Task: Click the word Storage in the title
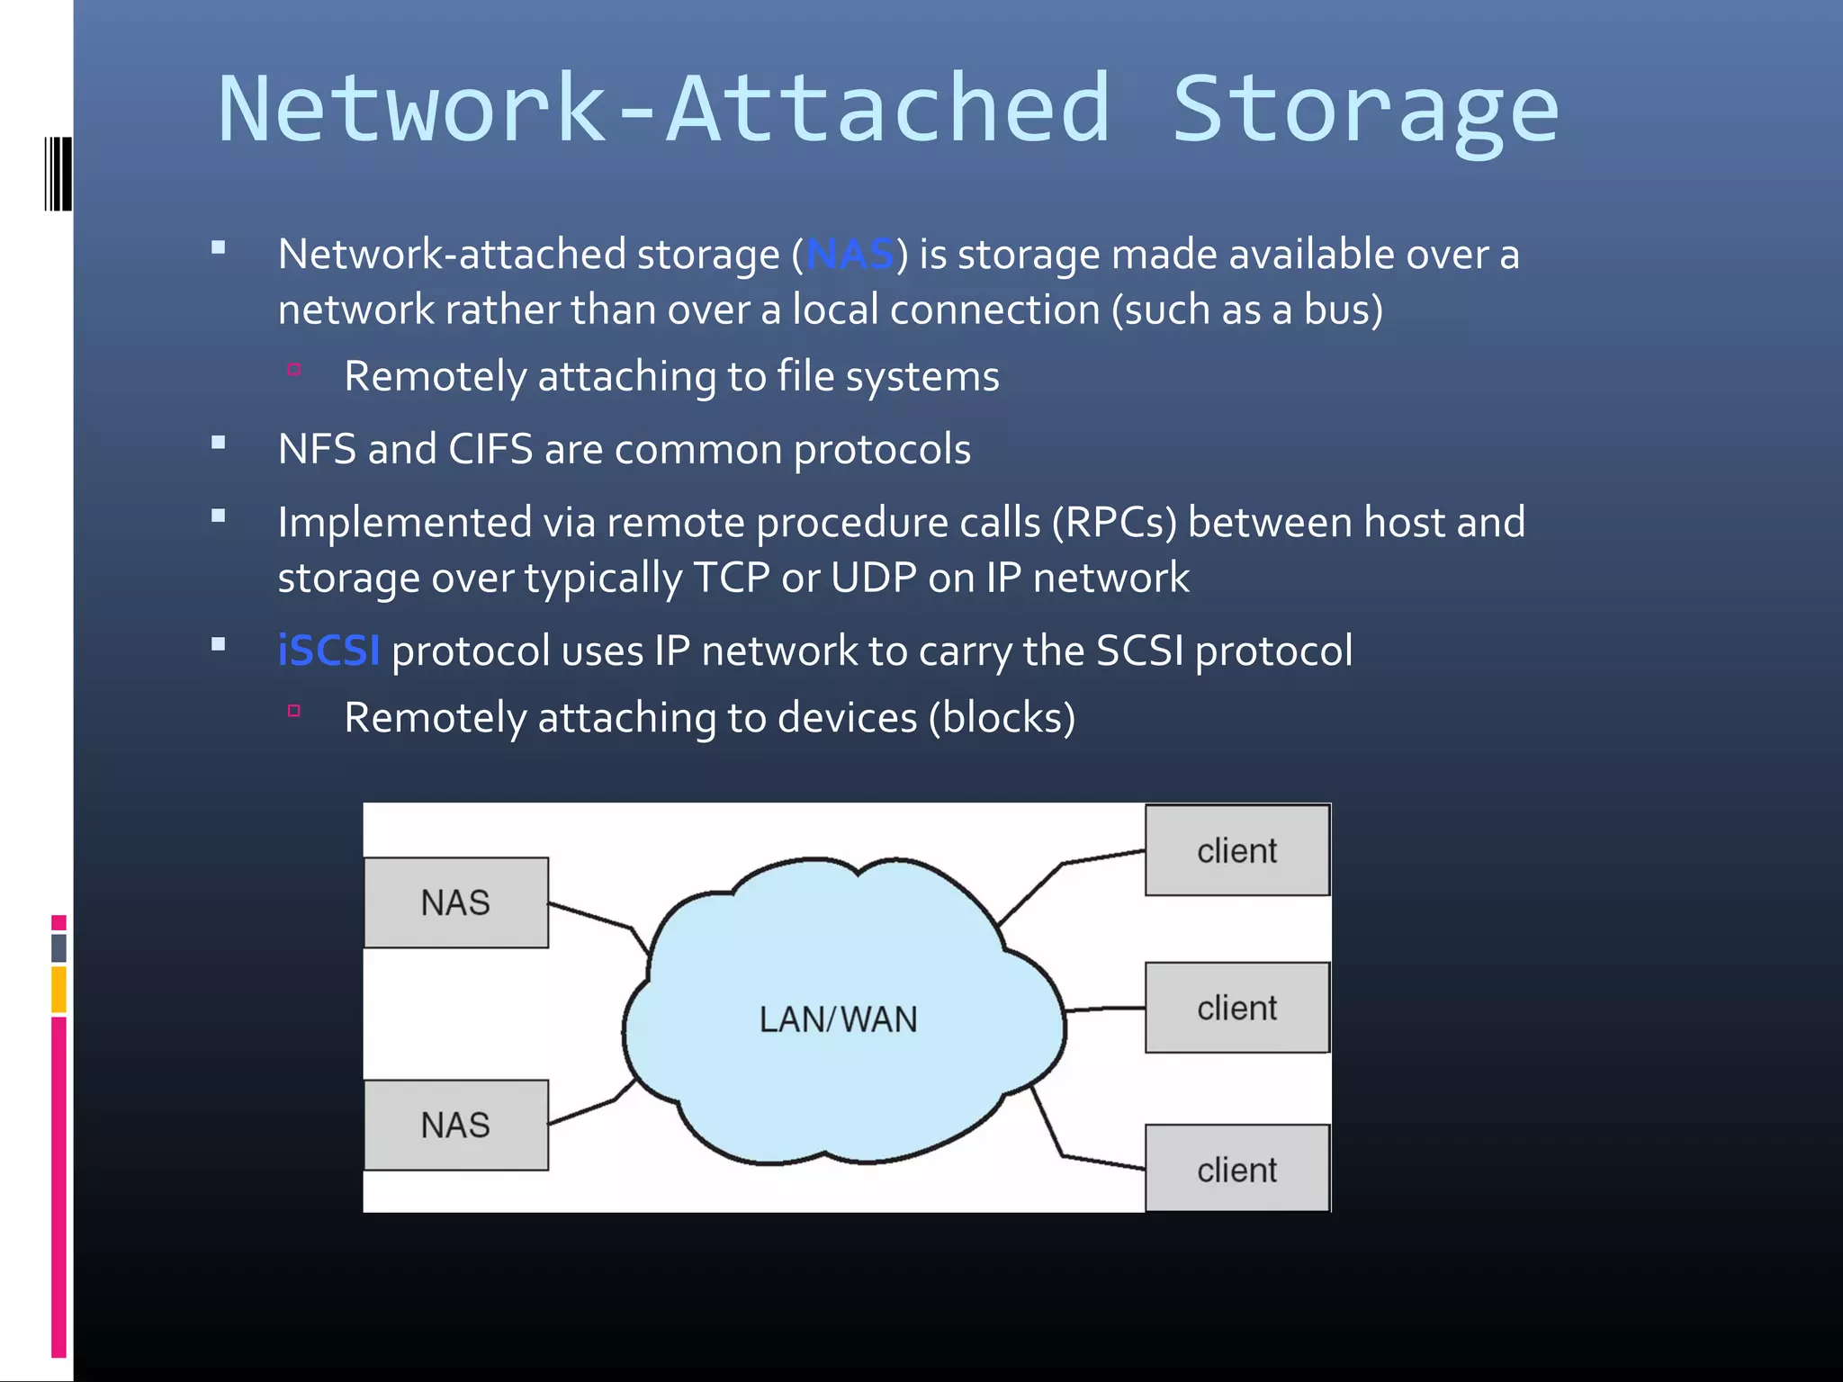point(1364,110)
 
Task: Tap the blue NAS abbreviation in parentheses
point(850,255)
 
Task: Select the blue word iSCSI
point(328,651)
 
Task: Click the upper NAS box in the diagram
point(456,902)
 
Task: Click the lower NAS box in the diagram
point(456,1125)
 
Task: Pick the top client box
point(1236,850)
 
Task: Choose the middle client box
point(1236,1008)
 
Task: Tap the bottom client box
point(1236,1169)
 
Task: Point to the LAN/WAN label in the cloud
point(838,1019)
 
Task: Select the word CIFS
point(490,449)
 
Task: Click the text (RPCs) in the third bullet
point(1114,523)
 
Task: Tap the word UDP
point(873,578)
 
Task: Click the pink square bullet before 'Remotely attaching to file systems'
point(294,369)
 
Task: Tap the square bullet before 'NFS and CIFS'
point(218,443)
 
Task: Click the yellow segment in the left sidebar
point(58,989)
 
